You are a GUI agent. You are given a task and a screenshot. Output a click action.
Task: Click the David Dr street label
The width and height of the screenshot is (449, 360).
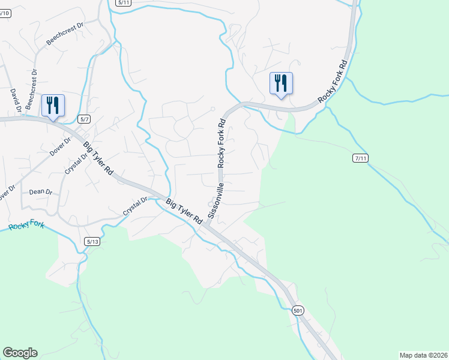pyautogui.click(x=15, y=101)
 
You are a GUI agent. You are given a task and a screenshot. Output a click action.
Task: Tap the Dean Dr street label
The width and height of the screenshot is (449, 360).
pyautogui.click(x=41, y=192)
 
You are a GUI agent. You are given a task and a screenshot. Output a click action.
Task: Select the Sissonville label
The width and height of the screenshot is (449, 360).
pyautogui.click(x=215, y=200)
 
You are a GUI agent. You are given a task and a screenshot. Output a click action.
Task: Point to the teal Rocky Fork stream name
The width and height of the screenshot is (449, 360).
pyautogui.click(x=26, y=226)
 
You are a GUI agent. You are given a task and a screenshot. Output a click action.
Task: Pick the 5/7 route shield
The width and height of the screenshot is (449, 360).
pyautogui.click(x=84, y=119)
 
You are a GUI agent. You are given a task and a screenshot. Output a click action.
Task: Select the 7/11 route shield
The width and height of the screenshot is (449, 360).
pyautogui.click(x=360, y=158)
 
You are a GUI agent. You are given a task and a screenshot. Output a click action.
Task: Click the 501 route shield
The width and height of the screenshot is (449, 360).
pyautogui.click(x=299, y=311)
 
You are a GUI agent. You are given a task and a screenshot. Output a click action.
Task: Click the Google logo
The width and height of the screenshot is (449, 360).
pyautogui.click(x=20, y=353)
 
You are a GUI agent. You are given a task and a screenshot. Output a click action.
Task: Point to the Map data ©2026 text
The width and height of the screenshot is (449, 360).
pyautogui.click(x=423, y=355)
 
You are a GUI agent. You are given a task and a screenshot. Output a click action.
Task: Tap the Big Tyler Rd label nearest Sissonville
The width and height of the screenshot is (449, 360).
pyautogui.click(x=184, y=212)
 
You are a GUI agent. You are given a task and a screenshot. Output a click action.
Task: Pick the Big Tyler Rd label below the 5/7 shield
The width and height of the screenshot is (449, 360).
pyautogui.click(x=98, y=158)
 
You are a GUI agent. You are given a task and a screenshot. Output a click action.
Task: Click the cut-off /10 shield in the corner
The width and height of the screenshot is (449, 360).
pyautogui.click(x=5, y=13)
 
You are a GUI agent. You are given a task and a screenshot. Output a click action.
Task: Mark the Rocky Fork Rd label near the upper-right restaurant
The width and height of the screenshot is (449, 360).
pyautogui.click(x=334, y=80)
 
